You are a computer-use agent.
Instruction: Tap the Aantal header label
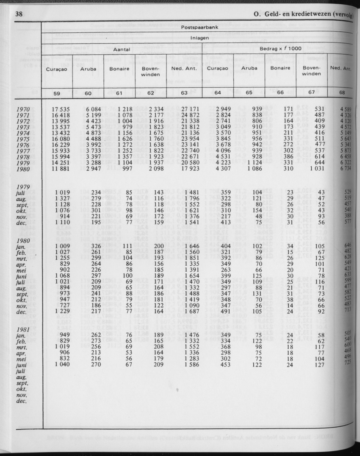tap(121, 49)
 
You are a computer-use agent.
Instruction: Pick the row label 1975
tap(23, 139)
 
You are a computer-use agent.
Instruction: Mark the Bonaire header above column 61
tap(119, 69)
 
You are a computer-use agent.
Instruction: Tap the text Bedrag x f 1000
tap(281, 49)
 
